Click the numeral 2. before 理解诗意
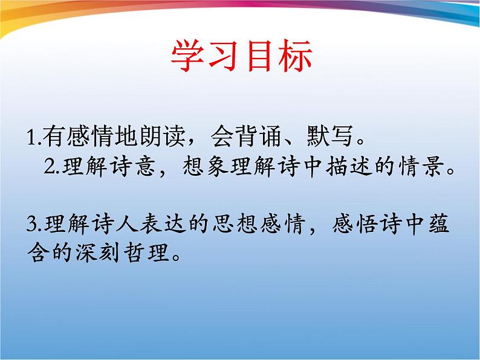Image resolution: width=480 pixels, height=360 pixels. [50, 167]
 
